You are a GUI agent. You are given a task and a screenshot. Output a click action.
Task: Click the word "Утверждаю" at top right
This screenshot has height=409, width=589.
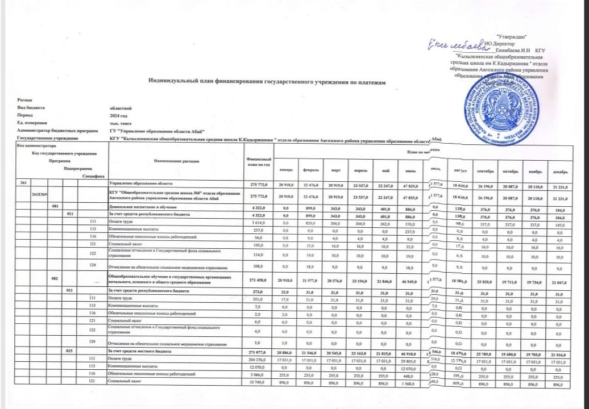point(514,36)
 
